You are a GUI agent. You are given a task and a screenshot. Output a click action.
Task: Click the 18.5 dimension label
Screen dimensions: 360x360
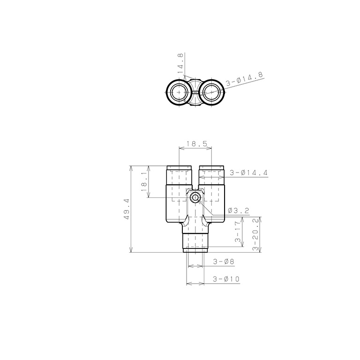point(197,144)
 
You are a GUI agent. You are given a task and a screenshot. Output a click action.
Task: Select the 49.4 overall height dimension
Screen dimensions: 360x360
point(127,209)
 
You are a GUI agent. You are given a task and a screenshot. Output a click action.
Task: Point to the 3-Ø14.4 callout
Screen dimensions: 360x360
point(249,172)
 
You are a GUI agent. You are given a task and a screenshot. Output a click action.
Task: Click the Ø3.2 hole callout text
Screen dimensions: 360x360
point(239,210)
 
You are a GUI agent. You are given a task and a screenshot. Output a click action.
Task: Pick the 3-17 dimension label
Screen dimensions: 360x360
point(238,232)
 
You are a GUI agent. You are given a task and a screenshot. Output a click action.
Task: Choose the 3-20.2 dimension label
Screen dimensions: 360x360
point(255,234)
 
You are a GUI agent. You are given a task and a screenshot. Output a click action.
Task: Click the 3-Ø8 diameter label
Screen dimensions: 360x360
point(224,262)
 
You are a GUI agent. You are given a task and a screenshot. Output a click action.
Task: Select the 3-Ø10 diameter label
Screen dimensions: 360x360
point(226,279)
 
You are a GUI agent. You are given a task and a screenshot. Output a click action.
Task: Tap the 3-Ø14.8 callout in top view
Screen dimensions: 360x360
point(244,79)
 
